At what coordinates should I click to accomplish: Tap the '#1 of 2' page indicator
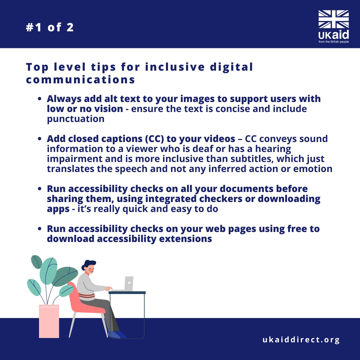(x=50, y=27)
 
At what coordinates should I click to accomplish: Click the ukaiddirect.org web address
(x=301, y=340)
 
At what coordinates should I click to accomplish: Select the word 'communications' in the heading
(x=80, y=80)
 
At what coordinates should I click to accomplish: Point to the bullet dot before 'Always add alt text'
(x=40, y=99)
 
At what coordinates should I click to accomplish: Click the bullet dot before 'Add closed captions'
(x=40, y=139)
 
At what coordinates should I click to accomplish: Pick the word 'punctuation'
(x=76, y=119)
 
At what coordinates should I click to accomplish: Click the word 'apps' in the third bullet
(x=58, y=209)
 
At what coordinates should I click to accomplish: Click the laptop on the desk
(x=125, y=284)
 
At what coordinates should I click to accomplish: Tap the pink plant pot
(x=49, y=321)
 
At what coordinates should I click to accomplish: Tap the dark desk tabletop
(x=127, y=293)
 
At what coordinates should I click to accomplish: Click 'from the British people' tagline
(x=334, y=42)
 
